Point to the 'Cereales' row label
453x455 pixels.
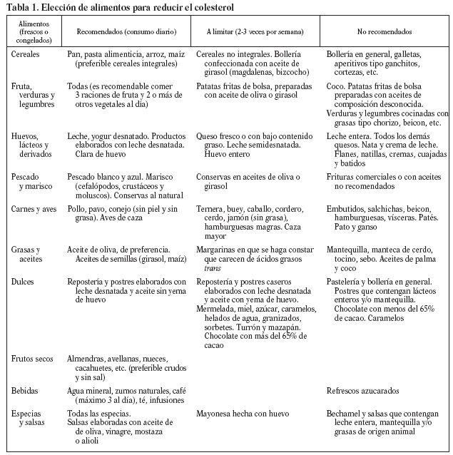(26, 54)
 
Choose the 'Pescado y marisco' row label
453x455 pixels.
(31, 181)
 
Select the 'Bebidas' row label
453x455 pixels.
(25, 391)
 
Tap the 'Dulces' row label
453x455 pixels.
(24, 282)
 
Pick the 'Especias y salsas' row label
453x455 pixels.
(29, 416)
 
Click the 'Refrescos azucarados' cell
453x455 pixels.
(362, 391)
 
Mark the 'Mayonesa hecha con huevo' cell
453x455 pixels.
(242, 412)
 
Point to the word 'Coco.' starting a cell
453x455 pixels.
(336, 86)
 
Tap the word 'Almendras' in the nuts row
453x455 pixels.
(85, 358)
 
